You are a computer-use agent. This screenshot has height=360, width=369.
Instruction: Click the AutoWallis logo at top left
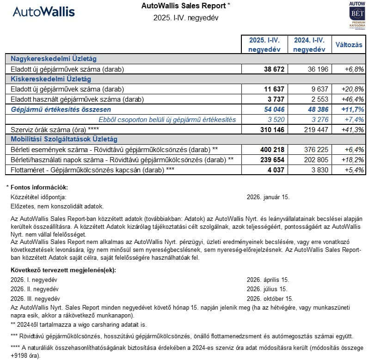click(x=44, y=12)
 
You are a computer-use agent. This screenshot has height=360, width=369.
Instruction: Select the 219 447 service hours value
click(x=312, y=129)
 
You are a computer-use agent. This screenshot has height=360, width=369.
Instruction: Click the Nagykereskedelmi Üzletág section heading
click(x=54, y=59)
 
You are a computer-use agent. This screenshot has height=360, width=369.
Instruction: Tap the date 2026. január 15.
click(x=268, y=197)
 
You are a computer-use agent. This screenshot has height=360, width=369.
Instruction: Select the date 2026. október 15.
click(x=270, y=299)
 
